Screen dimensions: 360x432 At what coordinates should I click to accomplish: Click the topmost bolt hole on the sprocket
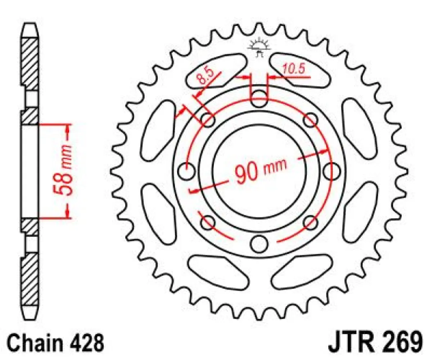pos(258,99)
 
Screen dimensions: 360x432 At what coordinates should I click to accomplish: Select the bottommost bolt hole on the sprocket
pos(258,244)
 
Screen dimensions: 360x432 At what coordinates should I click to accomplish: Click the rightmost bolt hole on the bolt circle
pos(330,171)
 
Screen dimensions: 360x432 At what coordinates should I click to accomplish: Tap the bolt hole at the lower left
pos(208,222)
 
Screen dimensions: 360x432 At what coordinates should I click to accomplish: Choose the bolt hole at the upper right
pos(310,120)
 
